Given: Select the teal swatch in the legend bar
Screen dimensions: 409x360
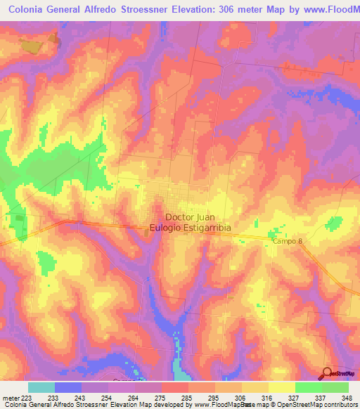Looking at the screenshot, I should (x=41, y=387).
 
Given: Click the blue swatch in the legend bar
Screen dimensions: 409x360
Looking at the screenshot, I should (x=67, y=387).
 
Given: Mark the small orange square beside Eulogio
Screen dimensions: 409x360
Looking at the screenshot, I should (x=146, y=230).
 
